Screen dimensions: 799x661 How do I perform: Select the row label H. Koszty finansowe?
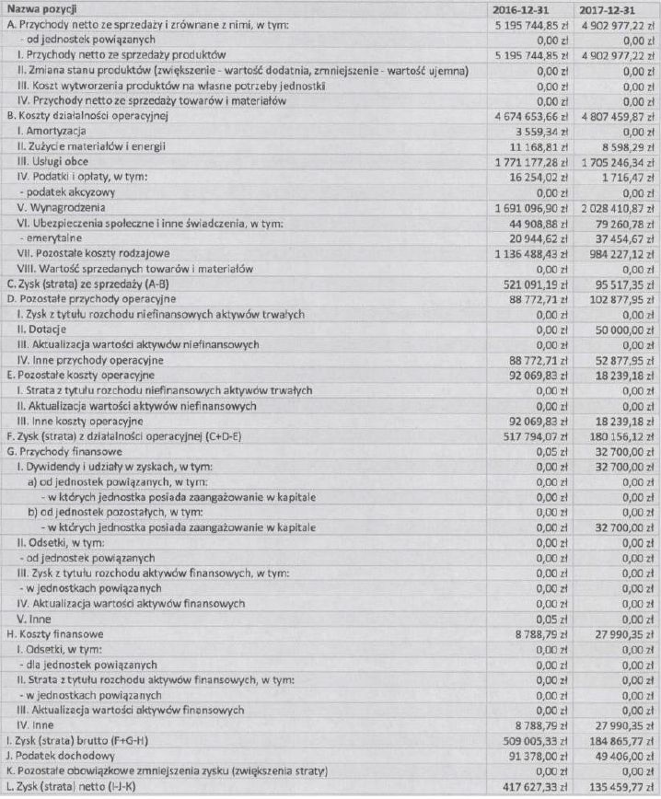[53, 633]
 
